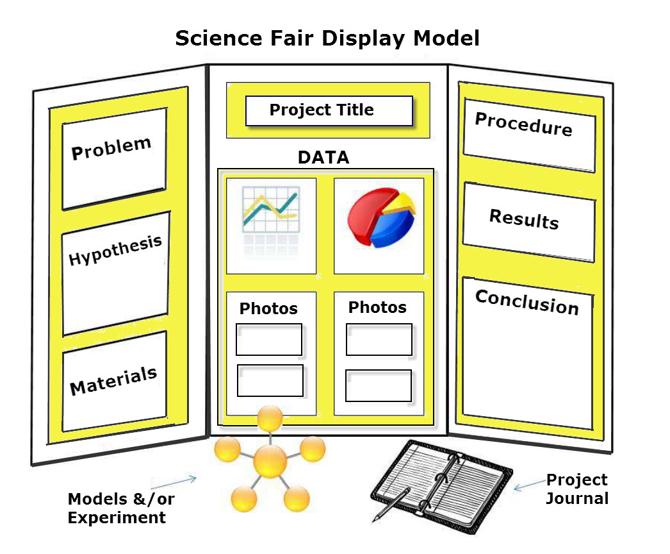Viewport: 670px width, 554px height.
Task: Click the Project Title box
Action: [329, 110]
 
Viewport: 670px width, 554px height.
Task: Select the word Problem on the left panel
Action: [111, 148]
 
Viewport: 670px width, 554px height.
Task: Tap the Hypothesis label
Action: [115, 250]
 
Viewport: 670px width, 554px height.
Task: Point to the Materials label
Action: [113, 381]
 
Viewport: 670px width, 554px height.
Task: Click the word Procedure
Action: [523, 124]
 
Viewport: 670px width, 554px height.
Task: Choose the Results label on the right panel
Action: [524, 219]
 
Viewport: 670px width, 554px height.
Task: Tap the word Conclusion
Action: [527, 302]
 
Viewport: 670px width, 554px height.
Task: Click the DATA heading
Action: [323, 157]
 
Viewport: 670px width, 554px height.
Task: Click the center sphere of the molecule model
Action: [270, 460]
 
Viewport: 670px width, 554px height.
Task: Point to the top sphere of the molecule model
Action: [270, 419]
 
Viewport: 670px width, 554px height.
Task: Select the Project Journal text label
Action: [576, 489]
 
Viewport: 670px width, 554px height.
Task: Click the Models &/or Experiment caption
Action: [121, 508]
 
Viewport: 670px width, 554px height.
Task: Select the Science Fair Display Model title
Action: [327, 38]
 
